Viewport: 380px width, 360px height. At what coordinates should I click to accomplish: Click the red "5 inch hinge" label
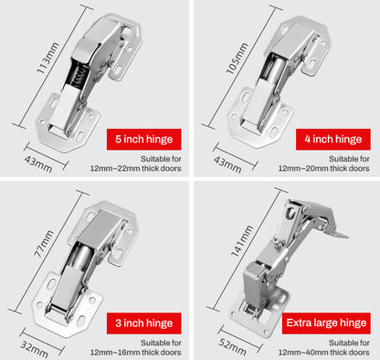point(143,140)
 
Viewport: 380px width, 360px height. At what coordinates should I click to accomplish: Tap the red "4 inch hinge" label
point(333,140)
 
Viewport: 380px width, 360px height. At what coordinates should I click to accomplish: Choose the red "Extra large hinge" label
point(326,322)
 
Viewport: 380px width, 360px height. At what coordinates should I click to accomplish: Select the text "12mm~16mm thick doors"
point(136,352)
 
